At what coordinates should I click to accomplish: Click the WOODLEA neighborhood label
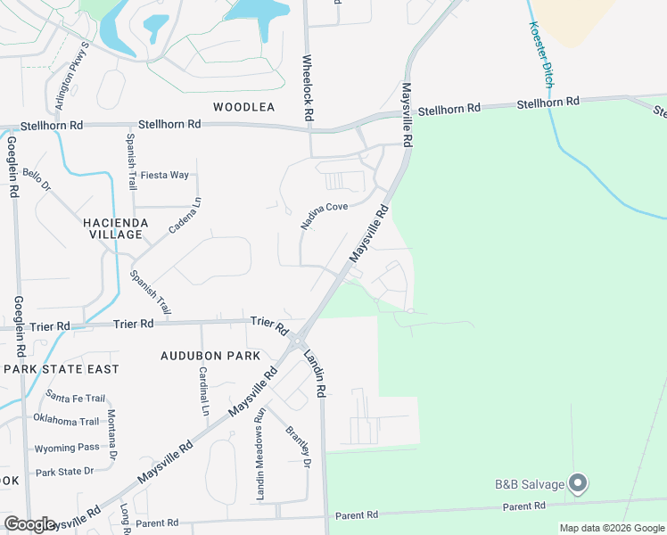tap(243, 107)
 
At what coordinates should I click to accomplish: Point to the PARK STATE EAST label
tap(62, 369)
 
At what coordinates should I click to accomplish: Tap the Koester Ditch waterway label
tap(542, 54)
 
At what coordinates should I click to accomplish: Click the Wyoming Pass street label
tap(67, 448)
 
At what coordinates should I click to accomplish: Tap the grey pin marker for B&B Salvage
tap(578, 483)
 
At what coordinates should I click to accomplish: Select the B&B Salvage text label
tap(530, 485)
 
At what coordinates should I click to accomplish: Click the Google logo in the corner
tap(29, 523)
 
